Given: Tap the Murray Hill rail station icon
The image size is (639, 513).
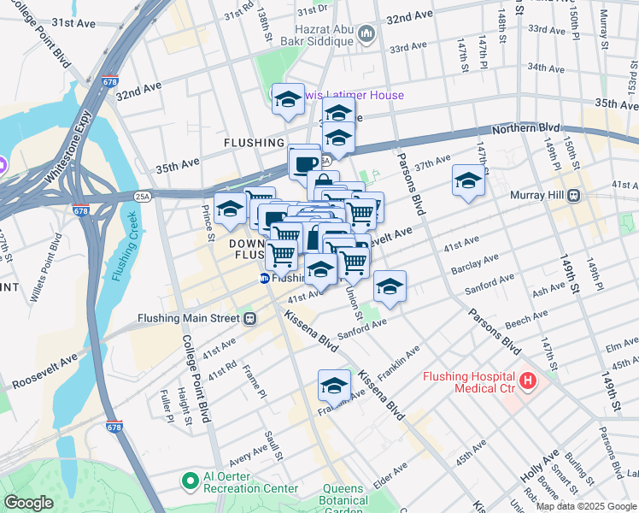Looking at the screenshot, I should pos(574,195).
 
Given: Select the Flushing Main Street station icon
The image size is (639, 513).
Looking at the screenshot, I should pos(249,319).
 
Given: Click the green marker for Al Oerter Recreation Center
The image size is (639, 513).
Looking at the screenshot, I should pos(190,481).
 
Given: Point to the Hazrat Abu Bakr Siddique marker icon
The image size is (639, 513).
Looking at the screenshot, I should pos(367,34).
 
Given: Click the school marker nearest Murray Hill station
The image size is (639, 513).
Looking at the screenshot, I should pos(467,180).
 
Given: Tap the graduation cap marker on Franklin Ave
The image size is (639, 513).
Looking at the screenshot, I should pos(334,385).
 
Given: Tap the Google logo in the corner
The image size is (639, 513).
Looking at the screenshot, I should pos(28,503).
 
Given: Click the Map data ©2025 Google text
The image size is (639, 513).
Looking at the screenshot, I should pos(585,506).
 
